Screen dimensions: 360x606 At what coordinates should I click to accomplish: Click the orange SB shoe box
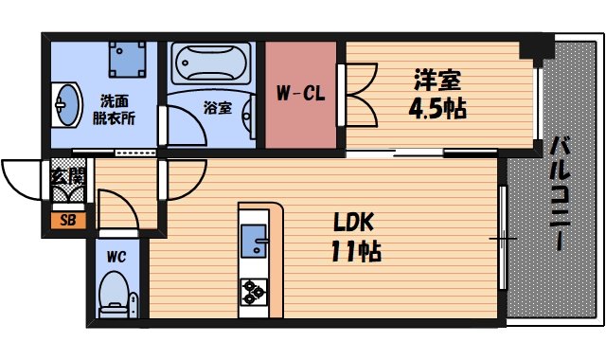coord(67,221)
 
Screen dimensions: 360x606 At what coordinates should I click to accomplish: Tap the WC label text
coord(116,256)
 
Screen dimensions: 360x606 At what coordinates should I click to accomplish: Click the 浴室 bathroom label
coord(217,108)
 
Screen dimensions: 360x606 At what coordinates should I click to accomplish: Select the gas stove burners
coord(255,290)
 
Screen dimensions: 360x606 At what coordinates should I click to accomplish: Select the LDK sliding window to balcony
coord(502,237)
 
